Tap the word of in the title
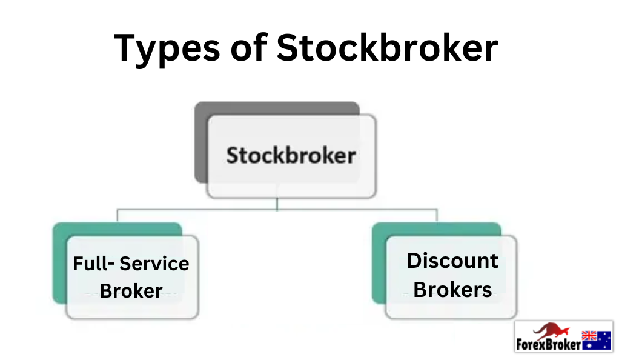click(x=249, y=47)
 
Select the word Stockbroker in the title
click(x=387, y=47)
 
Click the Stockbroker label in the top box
click(x=291, y=155)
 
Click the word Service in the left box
click(x=154, y=264)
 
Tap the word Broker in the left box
click(x=131, y=292)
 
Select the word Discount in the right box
click(x=453, y=261)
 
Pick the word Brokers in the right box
click(x=453, y=290)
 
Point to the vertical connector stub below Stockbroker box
click(x=277, y=204)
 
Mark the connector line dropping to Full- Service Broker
click(x=118, y=215)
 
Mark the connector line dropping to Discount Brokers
click(x=437, y=215)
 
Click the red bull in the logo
click(x=551, y=331)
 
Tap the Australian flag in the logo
click(x=597, y=340)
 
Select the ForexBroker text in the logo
click(x=548, y=345)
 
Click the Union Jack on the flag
click(x=589, y=336)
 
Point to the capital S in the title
click(x=289, y=47)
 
